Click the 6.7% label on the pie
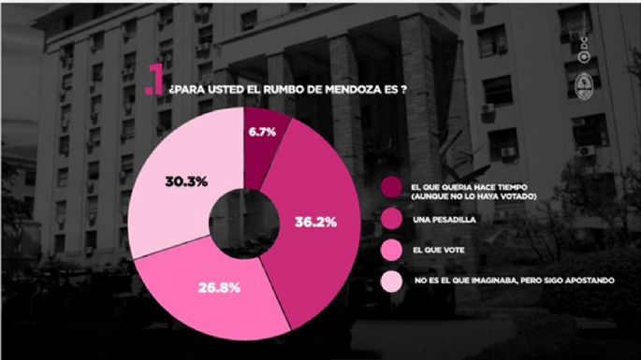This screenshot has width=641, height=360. coord(263,133)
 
